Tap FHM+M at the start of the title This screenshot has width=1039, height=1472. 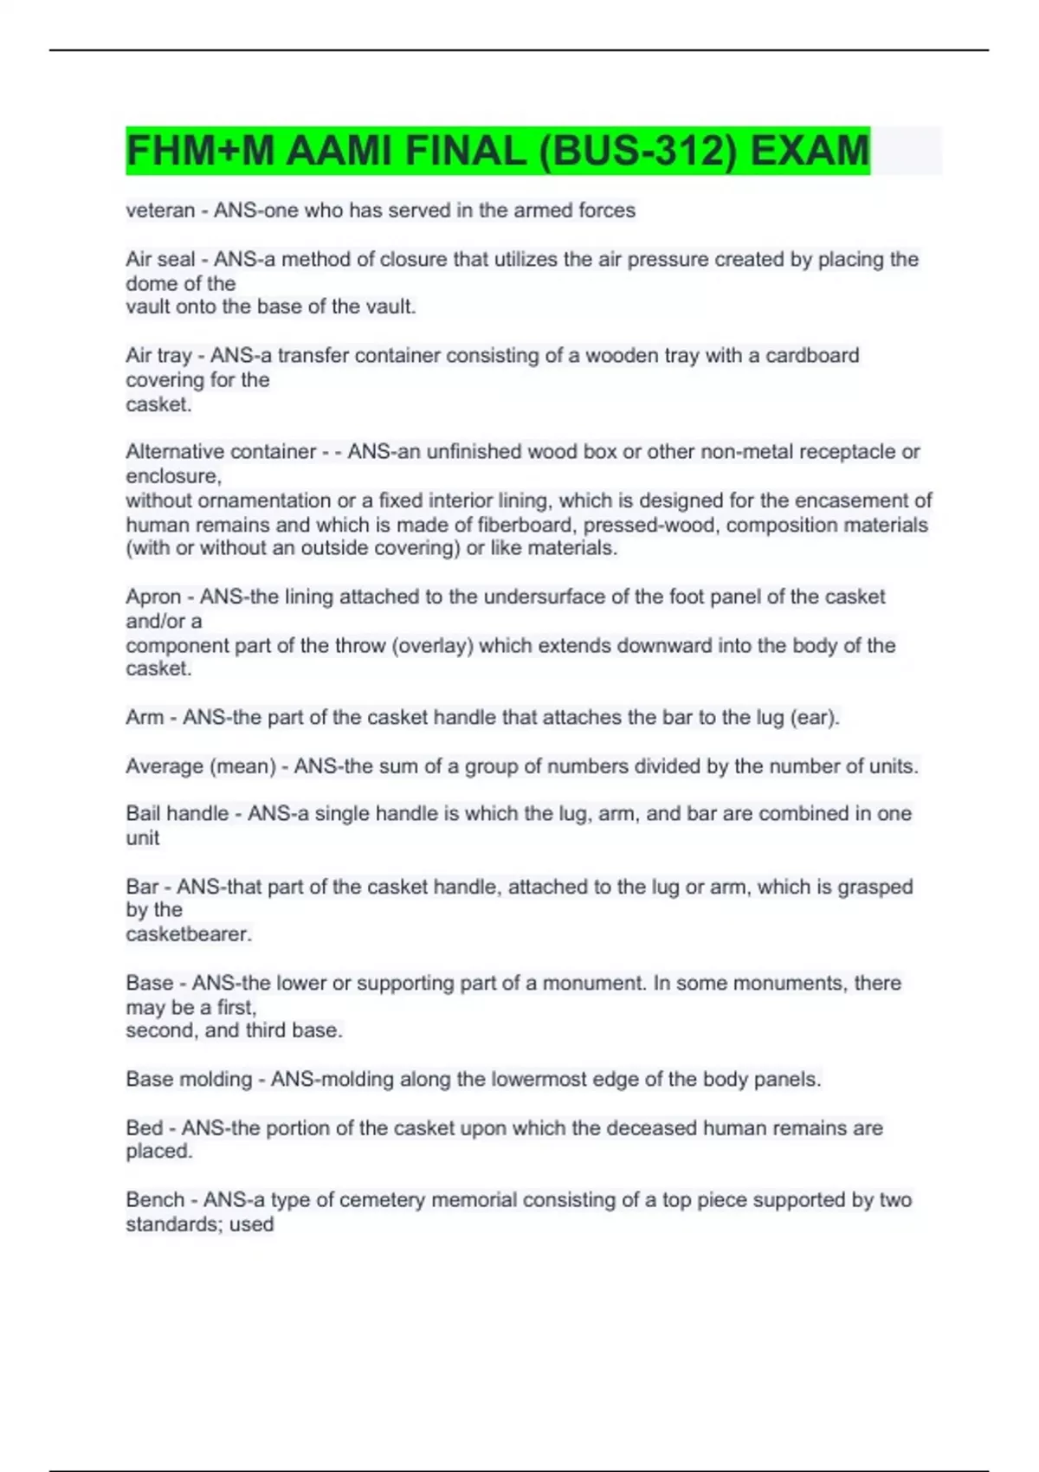point(200,152)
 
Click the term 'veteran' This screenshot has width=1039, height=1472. point(160,210)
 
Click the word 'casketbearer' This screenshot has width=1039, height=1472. point(188,934)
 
